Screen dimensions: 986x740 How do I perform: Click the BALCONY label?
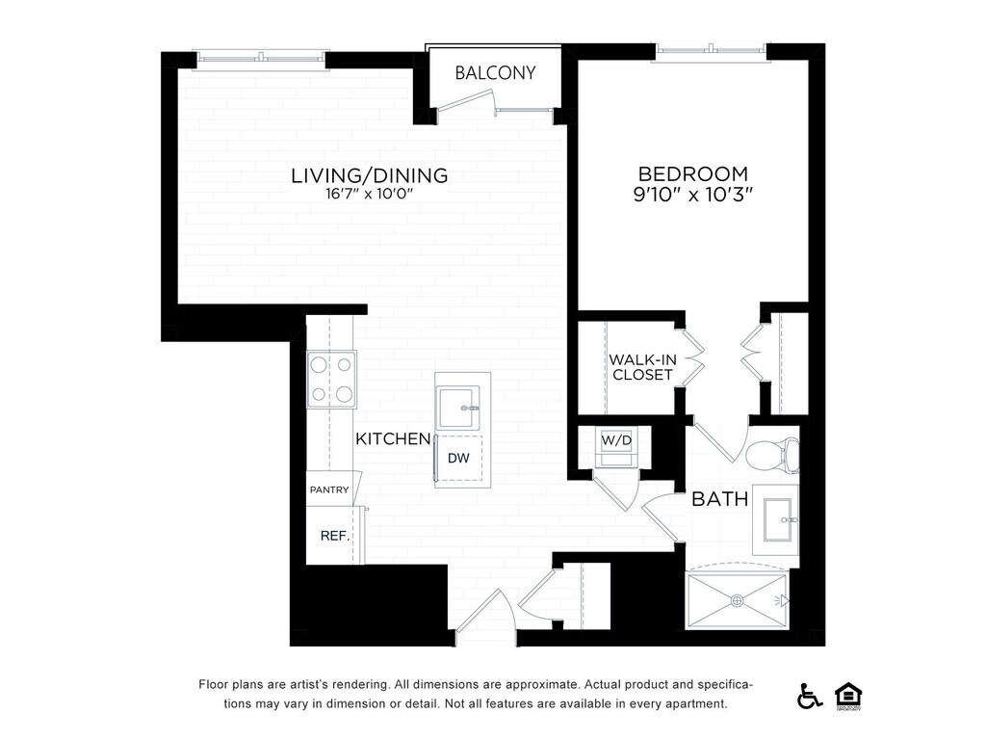coord(495,73)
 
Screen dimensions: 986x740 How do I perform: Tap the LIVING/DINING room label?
coord(369,175)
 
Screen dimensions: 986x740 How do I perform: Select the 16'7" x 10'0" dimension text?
coord(369,193)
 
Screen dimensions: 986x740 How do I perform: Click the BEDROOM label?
coord(693,173)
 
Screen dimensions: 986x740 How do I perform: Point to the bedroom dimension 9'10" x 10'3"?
coord(693,195)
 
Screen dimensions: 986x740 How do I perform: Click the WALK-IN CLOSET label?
coord(642,367)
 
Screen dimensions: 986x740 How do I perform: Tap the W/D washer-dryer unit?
coord(616,447)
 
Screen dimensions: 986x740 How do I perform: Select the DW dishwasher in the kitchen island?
coord(459,458)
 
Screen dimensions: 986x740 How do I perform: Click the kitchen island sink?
coord(458,408)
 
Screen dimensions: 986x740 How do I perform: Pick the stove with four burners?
coord(331,380)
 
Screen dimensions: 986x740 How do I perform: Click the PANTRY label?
coord(329,489)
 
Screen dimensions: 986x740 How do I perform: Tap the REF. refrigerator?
coord(334,536)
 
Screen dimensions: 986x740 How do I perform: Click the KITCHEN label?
coord(393,438)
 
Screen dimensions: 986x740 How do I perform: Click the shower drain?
coord(737,601)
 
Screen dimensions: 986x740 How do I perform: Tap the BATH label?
coord(720,499)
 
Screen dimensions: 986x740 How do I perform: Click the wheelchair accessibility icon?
coord(809,696)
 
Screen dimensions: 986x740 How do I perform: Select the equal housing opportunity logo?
coord(848,697)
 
